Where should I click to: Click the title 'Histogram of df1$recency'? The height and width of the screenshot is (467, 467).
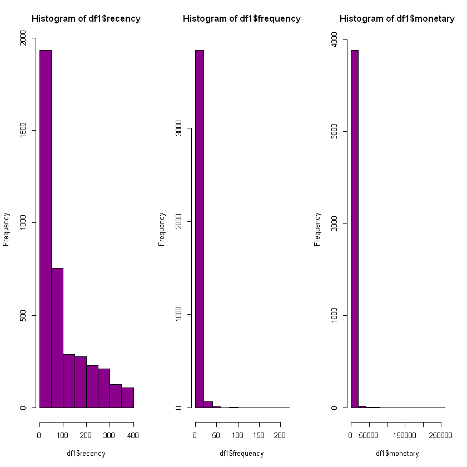[x=86, y=19]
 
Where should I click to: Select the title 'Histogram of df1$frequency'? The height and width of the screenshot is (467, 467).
[x=242, y=19]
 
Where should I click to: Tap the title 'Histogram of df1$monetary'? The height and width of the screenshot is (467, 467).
[x=397, y=19]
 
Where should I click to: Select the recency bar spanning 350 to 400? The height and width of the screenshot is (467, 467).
[x=128, y=398]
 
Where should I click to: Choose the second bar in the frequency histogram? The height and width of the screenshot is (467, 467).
[x=208, y=404]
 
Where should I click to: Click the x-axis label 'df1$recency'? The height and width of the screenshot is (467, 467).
[x=86, y=453]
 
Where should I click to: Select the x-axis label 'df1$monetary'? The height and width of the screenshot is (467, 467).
[x=397, y=453]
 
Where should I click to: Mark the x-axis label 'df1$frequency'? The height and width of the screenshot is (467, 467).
[x=242, y=453]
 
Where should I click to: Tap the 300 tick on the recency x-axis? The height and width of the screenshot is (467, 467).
[x=110, y=434]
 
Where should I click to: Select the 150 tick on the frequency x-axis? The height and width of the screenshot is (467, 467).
[x=259, y=434]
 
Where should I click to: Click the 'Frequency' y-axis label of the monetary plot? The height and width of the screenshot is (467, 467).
[x=317, y=228]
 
